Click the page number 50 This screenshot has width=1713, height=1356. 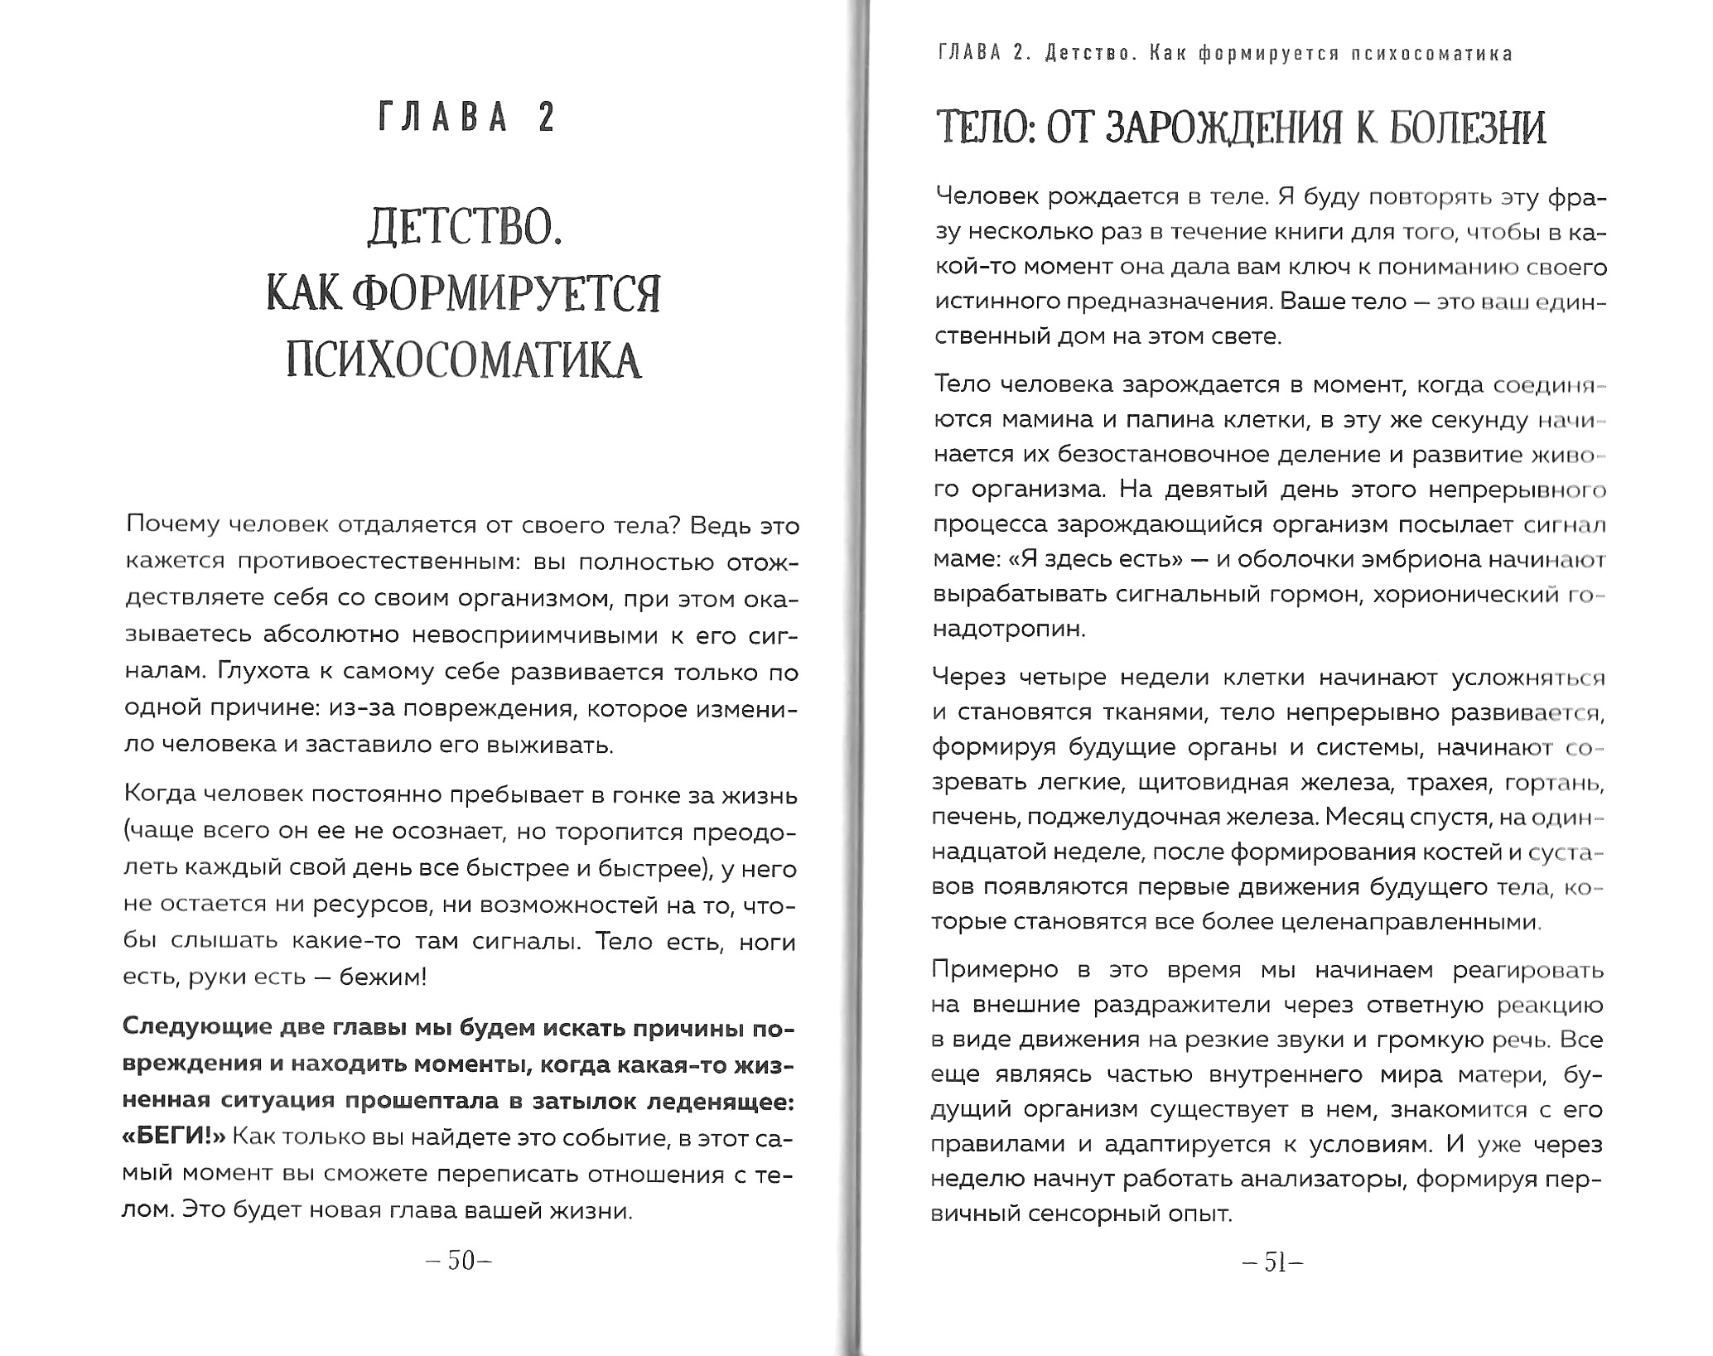(x=460, y=1261)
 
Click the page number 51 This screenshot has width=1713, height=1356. (x=1273, y=1262)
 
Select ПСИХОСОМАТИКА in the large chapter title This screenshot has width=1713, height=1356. (x=464, y=361)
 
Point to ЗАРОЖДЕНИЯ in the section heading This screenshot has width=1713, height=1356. (x=1229, y=129)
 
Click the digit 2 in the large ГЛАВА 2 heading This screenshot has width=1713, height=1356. (x=546, y=118)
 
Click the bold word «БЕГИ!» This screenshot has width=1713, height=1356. (x=174, y=1136)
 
